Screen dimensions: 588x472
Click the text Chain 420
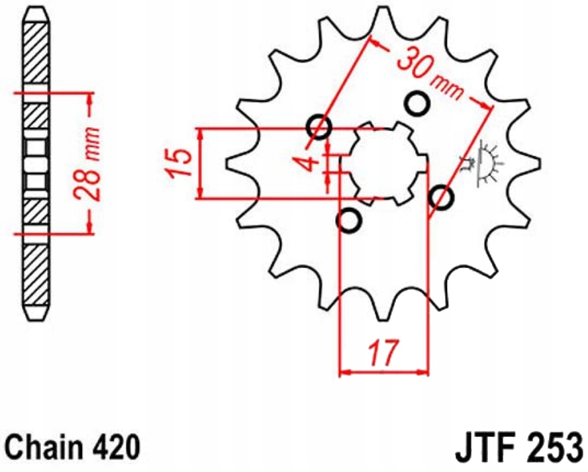click(x=72, y=448)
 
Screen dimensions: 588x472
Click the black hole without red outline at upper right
click(x=417, y=103)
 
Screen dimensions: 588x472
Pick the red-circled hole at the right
click(x=441, y=197)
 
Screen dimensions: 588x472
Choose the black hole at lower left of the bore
click(x=348, y=220)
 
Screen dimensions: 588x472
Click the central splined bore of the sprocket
click(x=383, y=163)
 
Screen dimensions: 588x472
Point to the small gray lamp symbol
click(x=486, y=163)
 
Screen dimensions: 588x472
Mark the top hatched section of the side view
click(x=36, y=56)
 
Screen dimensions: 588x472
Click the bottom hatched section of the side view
click(x=36, y=271)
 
